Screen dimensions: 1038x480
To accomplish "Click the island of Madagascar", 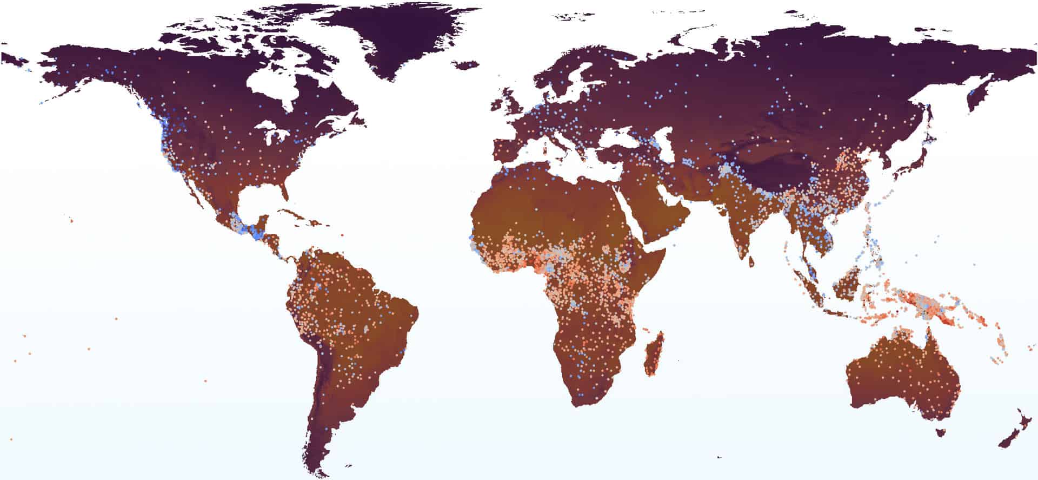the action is point(654,354).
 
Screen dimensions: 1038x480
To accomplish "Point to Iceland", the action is point(466,64).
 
